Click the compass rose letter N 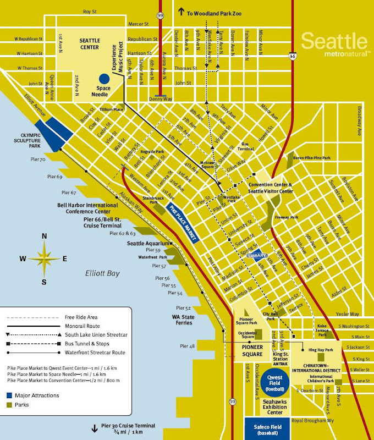tap(45, 237)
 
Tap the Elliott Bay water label tap(102, 273)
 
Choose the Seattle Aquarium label tap(145, 243)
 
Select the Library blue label tap(257, 256)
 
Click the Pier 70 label tap(39, 159)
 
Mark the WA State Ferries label tap(180, 321)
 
